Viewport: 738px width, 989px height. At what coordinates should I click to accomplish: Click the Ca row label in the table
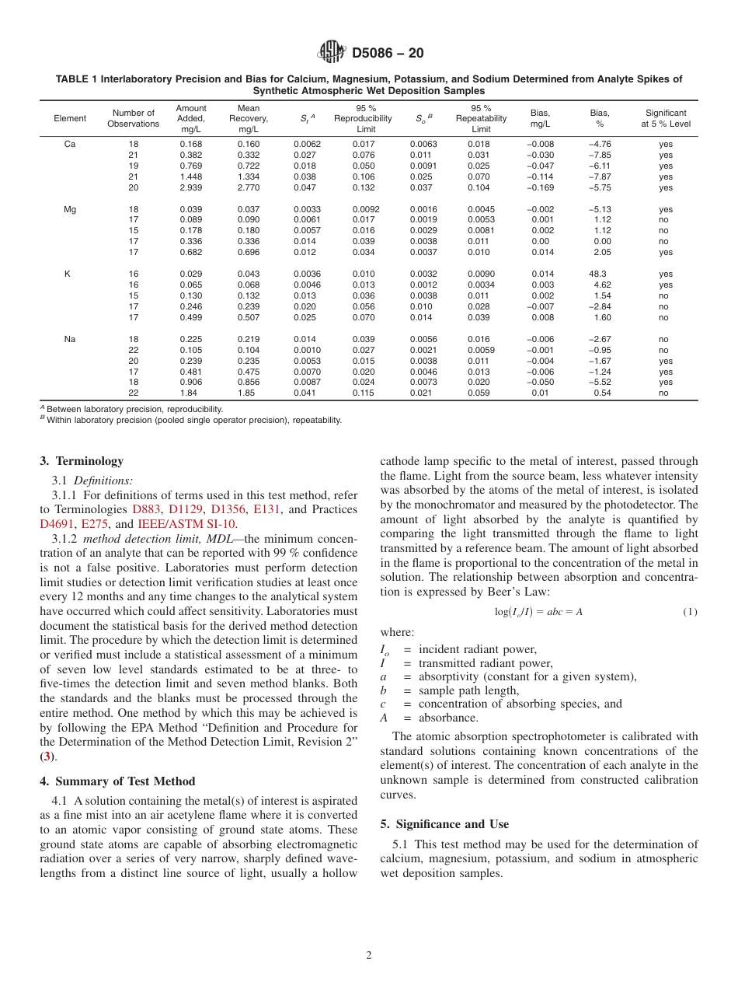coord(69,144)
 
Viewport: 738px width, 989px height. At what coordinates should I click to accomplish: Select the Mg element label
coord(69,209)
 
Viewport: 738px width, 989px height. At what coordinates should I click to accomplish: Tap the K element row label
coord(69,274)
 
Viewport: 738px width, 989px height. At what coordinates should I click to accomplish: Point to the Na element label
coord(69,339)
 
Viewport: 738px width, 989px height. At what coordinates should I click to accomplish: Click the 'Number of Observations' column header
coord(133,118)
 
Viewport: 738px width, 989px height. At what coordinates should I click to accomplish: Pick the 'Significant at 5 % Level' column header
coord(665,118)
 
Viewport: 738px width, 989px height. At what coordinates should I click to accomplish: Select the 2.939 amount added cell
coord(191,187)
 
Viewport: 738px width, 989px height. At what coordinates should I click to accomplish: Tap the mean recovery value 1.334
coord(248,176)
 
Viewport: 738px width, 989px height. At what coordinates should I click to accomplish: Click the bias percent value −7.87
coord(599,176)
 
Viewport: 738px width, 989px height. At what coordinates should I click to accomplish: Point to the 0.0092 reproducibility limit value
coord(365,209)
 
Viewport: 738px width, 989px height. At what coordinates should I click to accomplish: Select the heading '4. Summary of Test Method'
coord(117,781)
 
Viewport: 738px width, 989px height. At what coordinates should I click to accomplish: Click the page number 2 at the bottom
coord(369,956)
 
